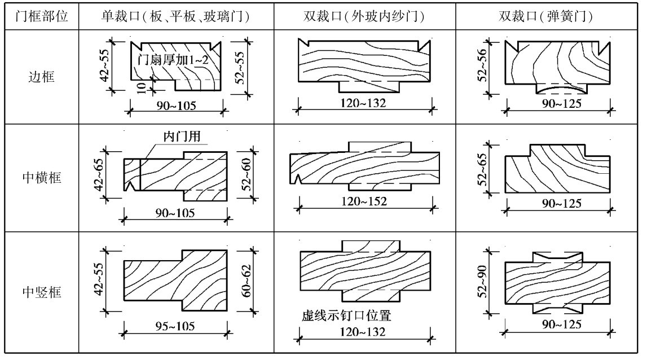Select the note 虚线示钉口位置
346,317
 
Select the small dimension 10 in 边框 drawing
142,86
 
